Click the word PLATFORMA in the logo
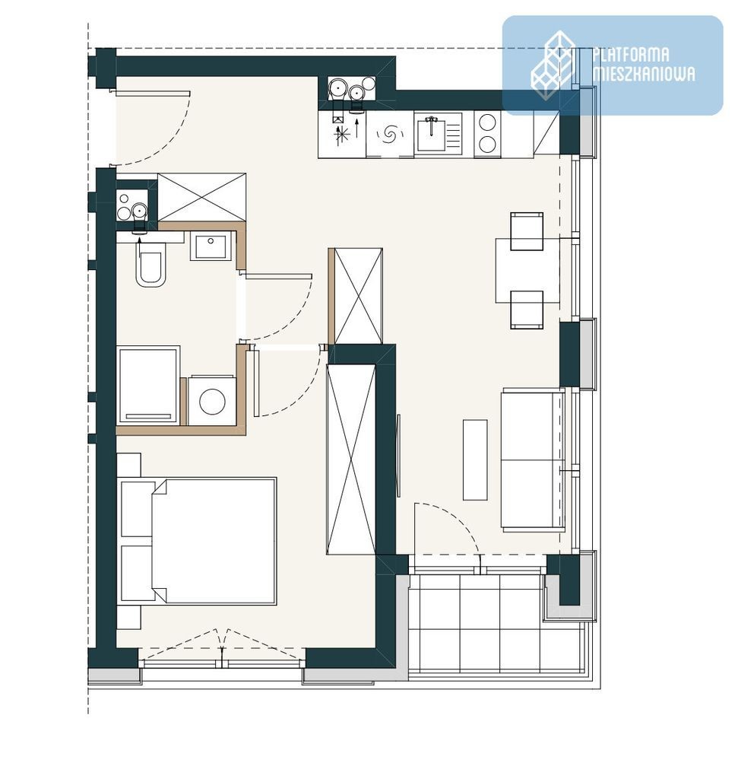coord(631,54)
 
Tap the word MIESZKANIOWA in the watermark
coord(644,74)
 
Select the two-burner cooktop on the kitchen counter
coord(487,134)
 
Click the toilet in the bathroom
coord(151,269)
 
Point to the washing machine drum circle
coord(212,402)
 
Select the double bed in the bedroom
coord(214,541)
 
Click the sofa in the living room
coord(533,459)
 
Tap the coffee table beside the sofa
coord(475,459)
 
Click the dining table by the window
coord(527,270)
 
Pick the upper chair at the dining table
coord(527,231)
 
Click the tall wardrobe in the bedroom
coord(351,459)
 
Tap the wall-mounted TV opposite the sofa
coord(398,454)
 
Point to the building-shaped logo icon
coord(553,65)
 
